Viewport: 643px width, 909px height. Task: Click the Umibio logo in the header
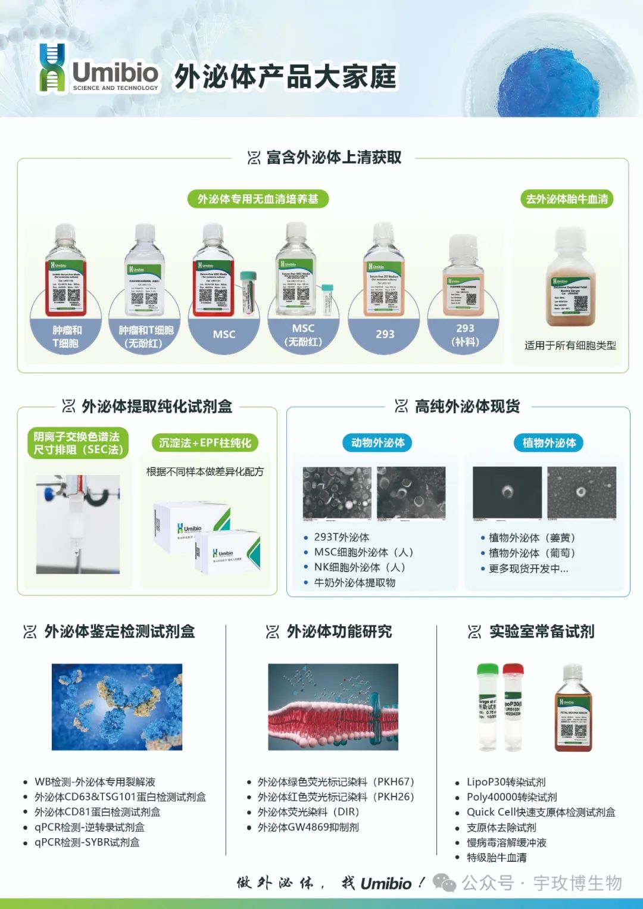[x=99, y=70]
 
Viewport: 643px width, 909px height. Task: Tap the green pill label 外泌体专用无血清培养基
[x=258, y=199]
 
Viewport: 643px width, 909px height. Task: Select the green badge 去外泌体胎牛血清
[x=567, y=199]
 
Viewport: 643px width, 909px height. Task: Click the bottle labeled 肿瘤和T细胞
[x=65, y=271]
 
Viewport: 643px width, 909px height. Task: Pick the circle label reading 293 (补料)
[x=465, y=335]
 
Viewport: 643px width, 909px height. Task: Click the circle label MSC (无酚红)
[x=303, y=335]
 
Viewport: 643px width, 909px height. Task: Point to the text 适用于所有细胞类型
[x=570, y=345]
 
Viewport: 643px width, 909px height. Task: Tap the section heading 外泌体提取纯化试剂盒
[x=157, y=407]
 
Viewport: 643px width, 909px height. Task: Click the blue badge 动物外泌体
[x=377, y=443]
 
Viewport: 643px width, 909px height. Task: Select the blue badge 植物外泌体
[x=549, y=443]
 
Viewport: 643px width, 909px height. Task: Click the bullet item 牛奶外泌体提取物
[x=354, y=583]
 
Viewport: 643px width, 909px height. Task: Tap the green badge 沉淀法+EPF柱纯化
[x=205, y=443]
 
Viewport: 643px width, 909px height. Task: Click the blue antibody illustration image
[x=117, y=707]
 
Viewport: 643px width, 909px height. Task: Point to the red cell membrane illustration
[x=333, y=707]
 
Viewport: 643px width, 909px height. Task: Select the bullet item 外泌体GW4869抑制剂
[x=308, y=827]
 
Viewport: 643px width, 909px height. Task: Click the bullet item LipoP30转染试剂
[x=505, y=782]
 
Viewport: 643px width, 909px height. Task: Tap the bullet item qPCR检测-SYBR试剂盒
[x=87, y=842]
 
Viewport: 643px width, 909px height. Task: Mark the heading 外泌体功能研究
[x=339, y=632]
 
